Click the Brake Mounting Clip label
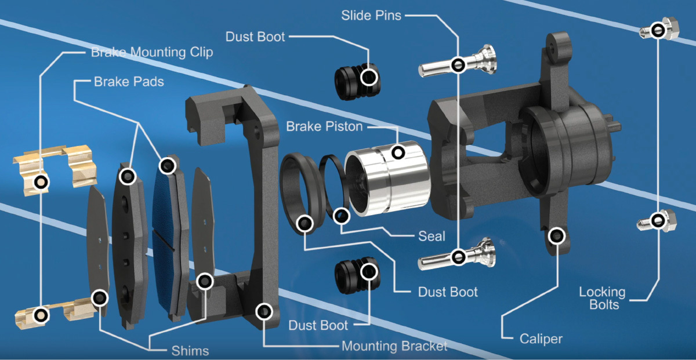(152, 52)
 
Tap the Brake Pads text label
(129, 82)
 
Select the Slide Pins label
(371, 16)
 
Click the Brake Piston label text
(324, 126)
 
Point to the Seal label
(432, 236)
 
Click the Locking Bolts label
(602, 298)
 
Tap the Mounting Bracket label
(394, 346)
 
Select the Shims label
(190, 350)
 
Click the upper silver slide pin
(458, 63)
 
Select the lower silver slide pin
(458, 256)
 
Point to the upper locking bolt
(658, 30)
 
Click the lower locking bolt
(658, 220)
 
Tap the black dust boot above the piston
(357, 78)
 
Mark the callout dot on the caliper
(557, 235)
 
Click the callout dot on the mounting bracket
(264, 312)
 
